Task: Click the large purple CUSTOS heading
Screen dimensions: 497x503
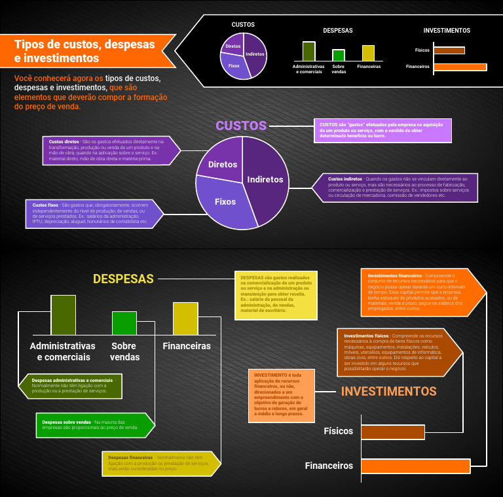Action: pyautogui.click(x=241, y=126)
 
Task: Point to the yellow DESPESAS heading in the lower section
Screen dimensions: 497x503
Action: pyautogui.click(x=123, y=279)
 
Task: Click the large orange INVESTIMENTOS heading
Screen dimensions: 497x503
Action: pyautogui.click(x=388, y=392)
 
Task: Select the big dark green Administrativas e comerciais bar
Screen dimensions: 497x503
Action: pyautogui.click(x=63, y=315)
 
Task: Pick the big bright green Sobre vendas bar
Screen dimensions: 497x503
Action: pyautogui.click(x=124, y=323)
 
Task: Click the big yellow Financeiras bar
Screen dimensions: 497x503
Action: pyautogui.click(x=185, y=318)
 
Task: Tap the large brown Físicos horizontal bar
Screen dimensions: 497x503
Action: pyautogui.click(x=392, y=432)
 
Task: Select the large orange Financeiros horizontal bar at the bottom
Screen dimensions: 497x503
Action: pyautogui.click(x=415, y=466)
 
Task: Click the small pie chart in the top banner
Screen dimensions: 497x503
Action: pyautogui.click(x=243, y=55)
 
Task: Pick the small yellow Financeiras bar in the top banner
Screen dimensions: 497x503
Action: pyautogui.click(x=368, y=53)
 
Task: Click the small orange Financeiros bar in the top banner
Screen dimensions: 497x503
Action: pyautogui.click(x=460, y=67)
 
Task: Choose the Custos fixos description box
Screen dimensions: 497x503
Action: pyautogui.click(x=92, y=214)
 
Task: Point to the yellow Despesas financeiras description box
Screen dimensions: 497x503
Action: pyautogui.click(x=159, y=463)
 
